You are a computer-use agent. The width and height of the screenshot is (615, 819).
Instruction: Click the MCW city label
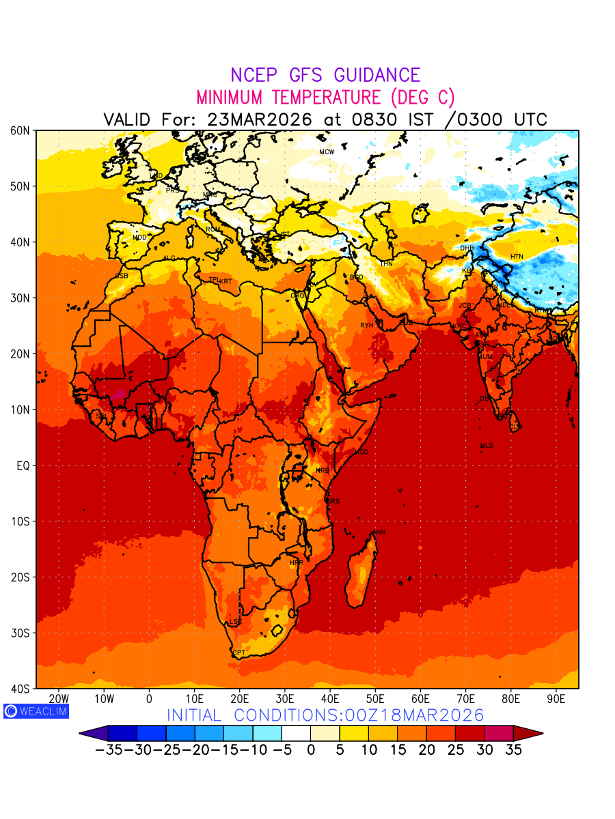[x=327, y=152]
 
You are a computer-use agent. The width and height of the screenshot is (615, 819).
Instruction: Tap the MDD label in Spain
[x=139, y=238]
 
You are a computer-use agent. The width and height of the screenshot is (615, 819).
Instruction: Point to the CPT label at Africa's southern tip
[x=239, y=653]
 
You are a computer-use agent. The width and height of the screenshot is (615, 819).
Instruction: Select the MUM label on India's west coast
[x=484, y=357]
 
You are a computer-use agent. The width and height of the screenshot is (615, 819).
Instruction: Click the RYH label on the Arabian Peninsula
[x=367, y=326]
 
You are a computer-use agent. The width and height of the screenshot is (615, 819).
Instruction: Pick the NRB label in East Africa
[x=322, y=470]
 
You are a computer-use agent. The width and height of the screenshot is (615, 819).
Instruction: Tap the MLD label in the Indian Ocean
[x=487, y=446]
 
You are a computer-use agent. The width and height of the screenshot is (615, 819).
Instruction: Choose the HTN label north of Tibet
[x=517, y=257]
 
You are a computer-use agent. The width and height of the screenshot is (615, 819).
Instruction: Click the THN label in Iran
[x=386, y=263]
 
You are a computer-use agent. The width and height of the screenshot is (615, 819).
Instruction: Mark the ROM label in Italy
[x=213, y=229]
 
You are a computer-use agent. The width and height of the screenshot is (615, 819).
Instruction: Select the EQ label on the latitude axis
[x=23, y=465]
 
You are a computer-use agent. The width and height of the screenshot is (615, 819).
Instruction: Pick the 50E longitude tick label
[x=375, y=699]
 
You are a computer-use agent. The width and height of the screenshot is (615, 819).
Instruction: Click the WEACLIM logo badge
[x=36, y=710]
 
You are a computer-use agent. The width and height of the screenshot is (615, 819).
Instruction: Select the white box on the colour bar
[x=296, y=733]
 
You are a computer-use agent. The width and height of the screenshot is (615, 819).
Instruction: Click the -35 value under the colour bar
[x=108, y=749]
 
